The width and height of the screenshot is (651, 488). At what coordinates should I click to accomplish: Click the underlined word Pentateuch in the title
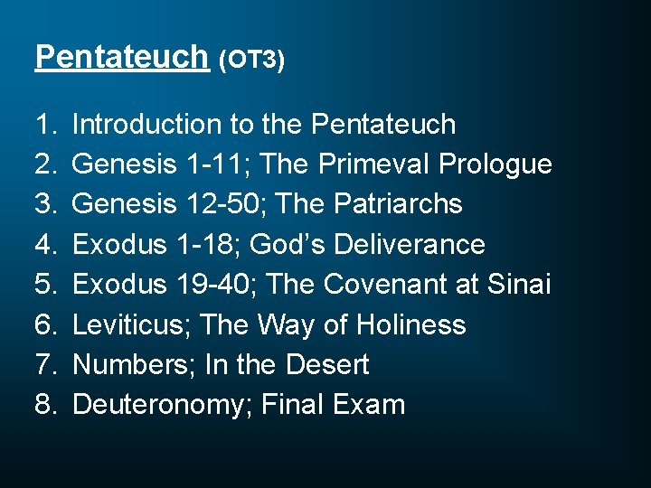[121, 57]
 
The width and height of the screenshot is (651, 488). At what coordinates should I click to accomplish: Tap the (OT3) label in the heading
[252, 61]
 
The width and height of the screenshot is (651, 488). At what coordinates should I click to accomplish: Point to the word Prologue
[495, 164]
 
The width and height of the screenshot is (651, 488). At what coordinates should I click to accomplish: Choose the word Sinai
[518, 285]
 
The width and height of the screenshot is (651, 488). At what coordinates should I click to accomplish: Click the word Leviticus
[130, 324]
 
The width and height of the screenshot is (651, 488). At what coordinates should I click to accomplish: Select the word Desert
[326, 365]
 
